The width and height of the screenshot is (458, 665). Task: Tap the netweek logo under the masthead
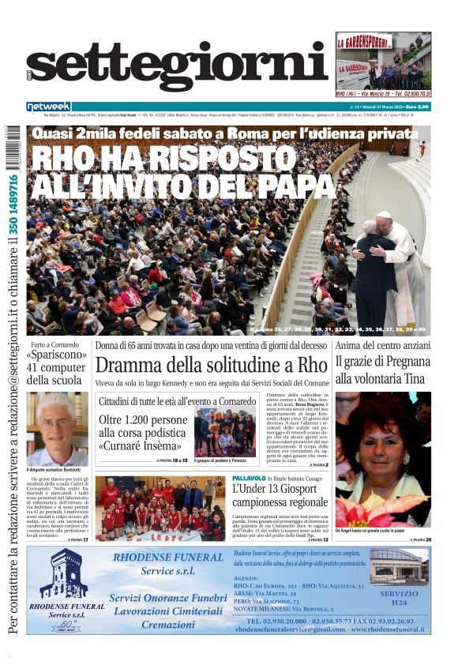(x=48, y=106)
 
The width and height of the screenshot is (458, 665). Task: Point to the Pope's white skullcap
(x=384, y=215)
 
